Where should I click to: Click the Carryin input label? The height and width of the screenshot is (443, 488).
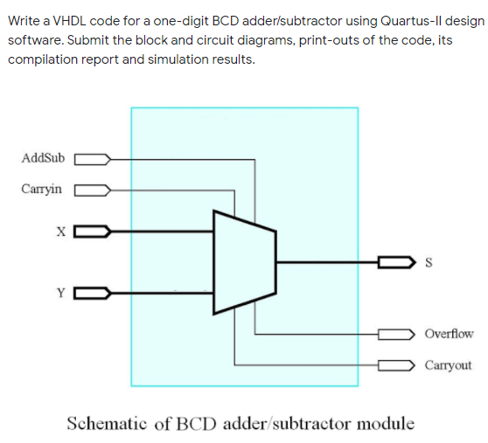point(42,188)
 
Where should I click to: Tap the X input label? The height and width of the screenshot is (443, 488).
point(60,232)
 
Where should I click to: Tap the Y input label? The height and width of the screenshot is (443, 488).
point(60,293)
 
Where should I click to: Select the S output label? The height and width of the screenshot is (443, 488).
point(426,261)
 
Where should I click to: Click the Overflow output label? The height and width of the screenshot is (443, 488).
point(448,333)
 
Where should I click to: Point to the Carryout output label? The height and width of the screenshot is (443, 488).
point(448,364)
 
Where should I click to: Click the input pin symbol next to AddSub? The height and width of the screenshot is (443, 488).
point(92,159)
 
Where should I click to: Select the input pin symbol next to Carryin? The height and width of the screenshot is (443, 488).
point(92,189)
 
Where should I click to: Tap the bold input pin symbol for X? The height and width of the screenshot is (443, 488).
point(92,232)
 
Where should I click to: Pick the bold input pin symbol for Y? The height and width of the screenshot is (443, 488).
point(92,293)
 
